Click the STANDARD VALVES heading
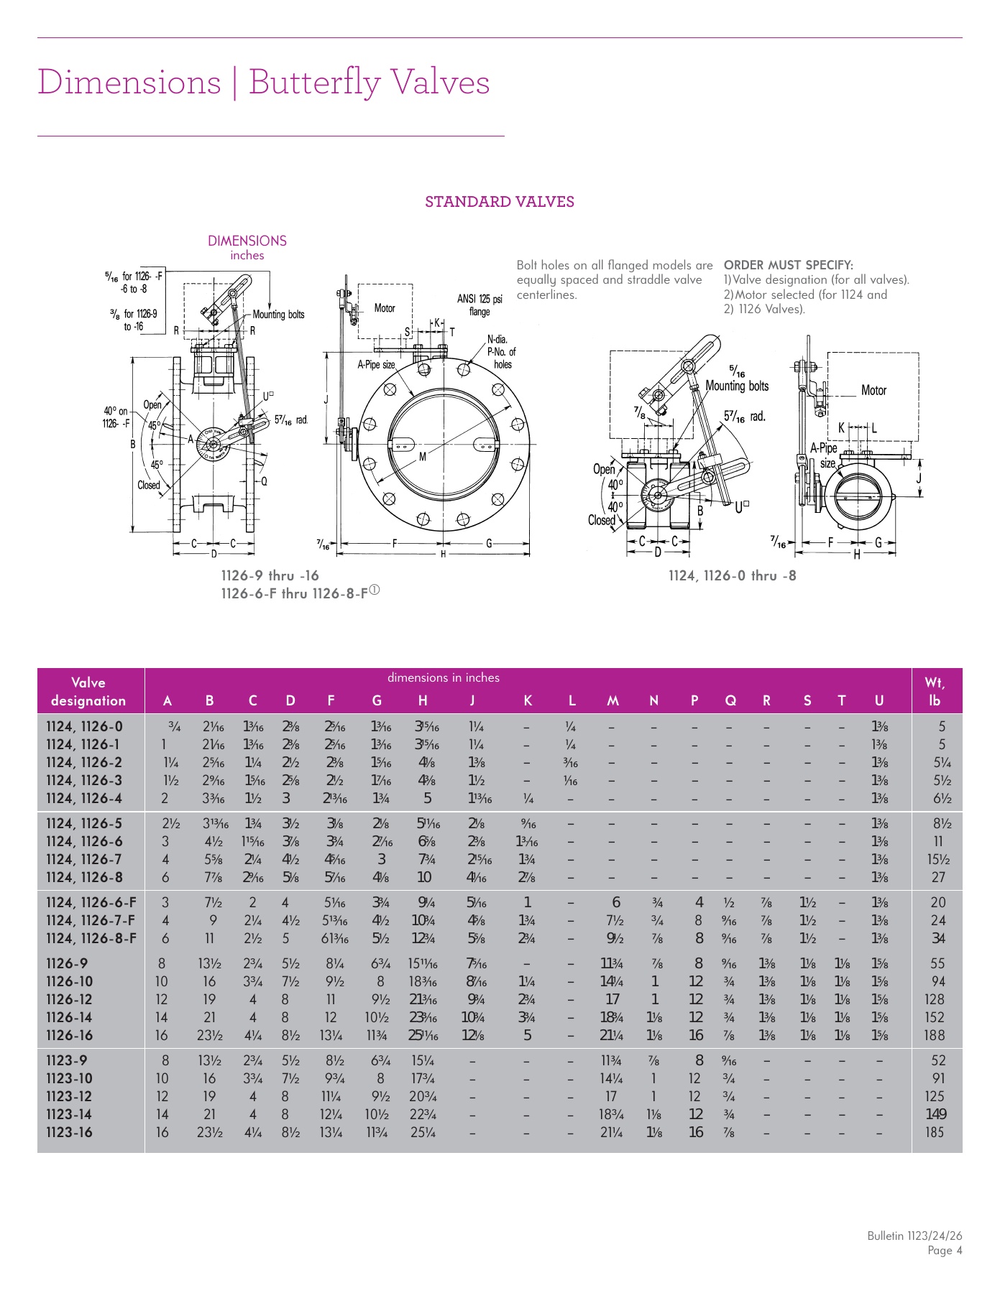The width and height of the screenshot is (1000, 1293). tap(499, 202)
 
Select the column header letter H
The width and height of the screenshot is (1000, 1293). tap(423, 700)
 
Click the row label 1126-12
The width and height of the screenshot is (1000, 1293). tap(69, 999)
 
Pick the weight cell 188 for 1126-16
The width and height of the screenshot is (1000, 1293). tap(935, 1035)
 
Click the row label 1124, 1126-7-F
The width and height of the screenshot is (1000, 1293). tap(91, 920)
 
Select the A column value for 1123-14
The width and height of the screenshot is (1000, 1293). tap(162, 1114)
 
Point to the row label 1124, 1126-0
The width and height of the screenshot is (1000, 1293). tap(84, 726)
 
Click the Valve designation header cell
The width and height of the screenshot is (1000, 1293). tap(88, 691)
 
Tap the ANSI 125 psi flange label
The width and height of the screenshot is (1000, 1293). tap(480, 305)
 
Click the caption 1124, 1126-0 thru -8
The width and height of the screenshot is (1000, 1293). tap(732, 575)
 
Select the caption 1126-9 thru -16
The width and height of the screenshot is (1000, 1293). tap(270, 575)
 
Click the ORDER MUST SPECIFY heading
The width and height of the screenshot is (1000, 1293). tap(788, 265)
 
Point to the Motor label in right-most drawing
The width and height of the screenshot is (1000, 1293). tap(873, 390)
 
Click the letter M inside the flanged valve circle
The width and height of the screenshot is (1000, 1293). tap(423, 456)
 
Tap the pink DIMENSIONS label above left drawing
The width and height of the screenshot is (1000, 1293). tap(247, 241)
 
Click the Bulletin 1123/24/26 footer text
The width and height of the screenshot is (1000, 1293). tap(914, 1236)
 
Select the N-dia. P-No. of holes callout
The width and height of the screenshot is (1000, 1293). tap(501, 352)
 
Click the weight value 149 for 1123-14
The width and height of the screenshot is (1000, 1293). tap(935, 1114)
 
